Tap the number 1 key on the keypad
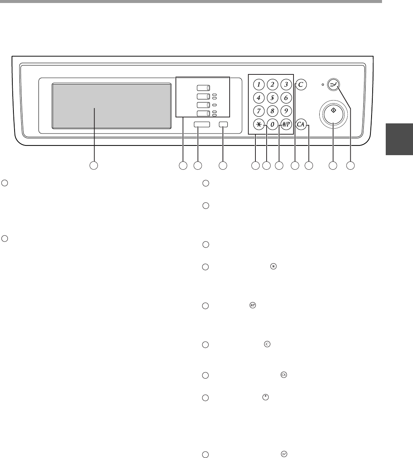pos(259,84)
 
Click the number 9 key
pos(286,111)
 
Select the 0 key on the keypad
pos(273,125)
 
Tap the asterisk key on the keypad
pos(259,125)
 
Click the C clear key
pos(301,84)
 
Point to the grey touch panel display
pos(112,106)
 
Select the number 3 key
pos(286,84)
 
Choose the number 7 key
pos(259,111)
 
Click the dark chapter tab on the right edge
pos(399,139)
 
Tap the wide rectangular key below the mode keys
pos(202,125)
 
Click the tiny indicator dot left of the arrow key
pos(323,84)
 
